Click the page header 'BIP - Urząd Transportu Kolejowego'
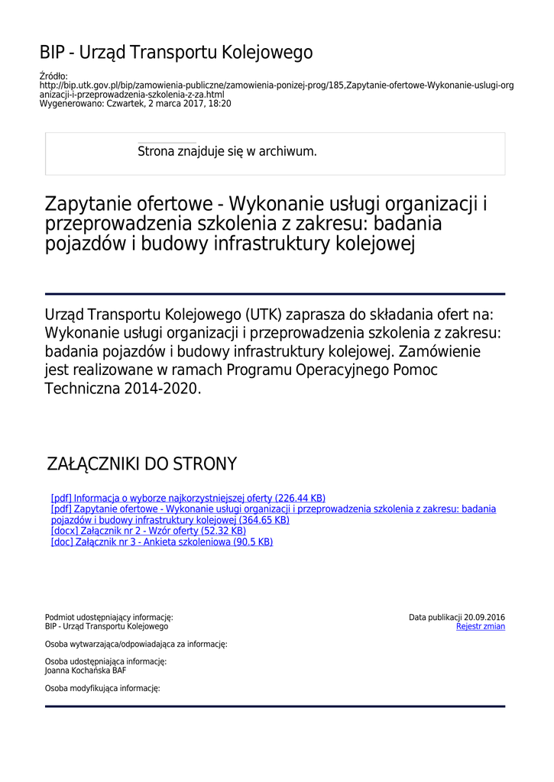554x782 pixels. pos(176,53)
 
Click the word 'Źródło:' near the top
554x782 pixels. pos(53,76)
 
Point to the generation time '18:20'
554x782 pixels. pos(220,103)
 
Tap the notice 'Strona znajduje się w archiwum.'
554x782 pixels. pos(227,151)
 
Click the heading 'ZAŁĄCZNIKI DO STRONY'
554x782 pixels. pos(142,464)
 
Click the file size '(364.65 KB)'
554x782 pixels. pos(264,520)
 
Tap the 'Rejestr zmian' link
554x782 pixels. pos(480,627)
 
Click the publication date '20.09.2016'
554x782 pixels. pos(484,617)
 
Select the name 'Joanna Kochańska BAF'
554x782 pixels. pos(86,671)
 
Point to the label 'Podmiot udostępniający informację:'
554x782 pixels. pos(109,617)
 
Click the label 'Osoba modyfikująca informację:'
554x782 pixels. pos(102,688)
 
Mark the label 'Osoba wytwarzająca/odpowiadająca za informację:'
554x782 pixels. pos(136,644)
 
